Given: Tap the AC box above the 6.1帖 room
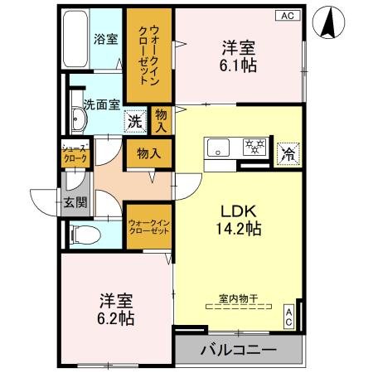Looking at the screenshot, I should pos(286,15).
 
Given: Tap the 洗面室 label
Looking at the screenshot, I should pos(102,104).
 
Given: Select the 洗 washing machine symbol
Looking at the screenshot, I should pos(134,121).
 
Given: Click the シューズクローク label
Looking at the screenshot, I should pos(73,153).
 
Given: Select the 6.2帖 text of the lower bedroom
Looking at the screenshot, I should pos(117,317).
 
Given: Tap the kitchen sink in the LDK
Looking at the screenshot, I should pos(220,148).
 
